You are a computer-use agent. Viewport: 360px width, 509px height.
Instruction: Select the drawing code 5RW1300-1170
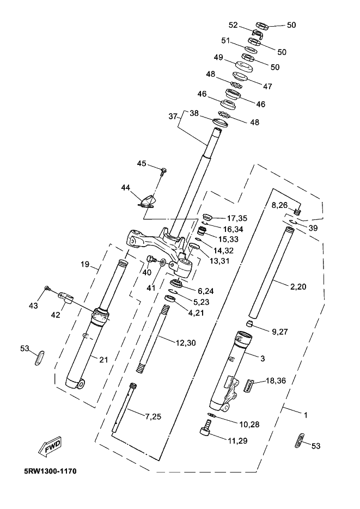point(50,471)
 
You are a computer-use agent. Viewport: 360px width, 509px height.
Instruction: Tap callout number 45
point(142,163)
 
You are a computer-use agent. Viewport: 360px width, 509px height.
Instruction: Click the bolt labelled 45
point(163,170)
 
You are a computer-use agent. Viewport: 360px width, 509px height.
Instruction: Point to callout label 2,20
point(298,287)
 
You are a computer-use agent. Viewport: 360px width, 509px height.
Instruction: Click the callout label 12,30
point(186,343)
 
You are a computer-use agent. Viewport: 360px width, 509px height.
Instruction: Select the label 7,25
point(152,416)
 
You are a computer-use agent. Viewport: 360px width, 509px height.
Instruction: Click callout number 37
point(173,116)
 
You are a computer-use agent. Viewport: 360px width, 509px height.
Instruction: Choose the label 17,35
point(237,218)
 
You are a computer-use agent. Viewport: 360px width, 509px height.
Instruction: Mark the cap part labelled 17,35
point(207,217)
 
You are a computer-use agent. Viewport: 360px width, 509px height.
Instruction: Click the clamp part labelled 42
point(66,297)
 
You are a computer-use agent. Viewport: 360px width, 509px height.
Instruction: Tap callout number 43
point(33,305)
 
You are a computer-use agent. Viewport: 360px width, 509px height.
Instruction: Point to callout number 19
point(85,264)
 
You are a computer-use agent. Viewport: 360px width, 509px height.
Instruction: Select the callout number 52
point(234,25)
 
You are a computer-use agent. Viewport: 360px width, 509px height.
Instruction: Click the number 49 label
point(218,57)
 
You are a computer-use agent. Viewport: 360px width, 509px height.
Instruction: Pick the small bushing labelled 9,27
point(248,323)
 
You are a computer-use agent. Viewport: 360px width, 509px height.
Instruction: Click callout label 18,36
point(276,381)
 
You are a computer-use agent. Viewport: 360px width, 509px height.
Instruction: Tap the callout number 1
point(306,415)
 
